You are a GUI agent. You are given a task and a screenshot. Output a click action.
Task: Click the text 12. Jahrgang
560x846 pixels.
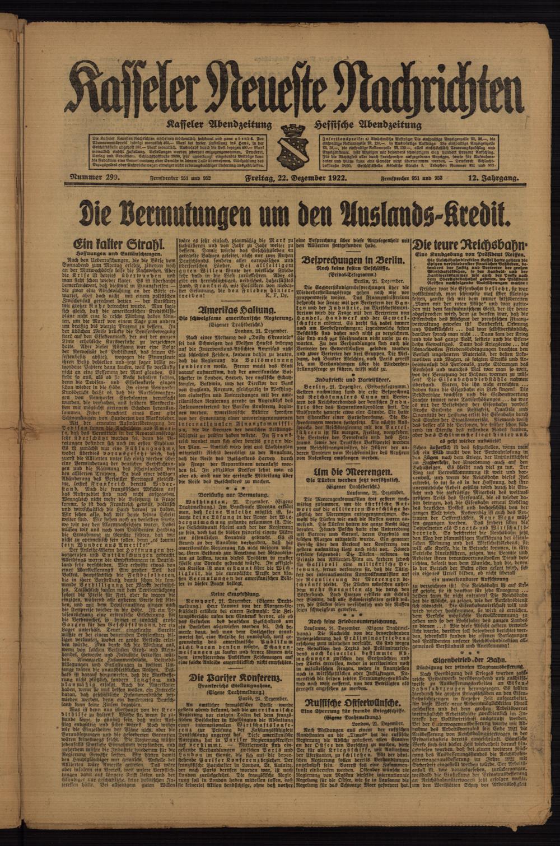pyautogui.click(x=493, y=179)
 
